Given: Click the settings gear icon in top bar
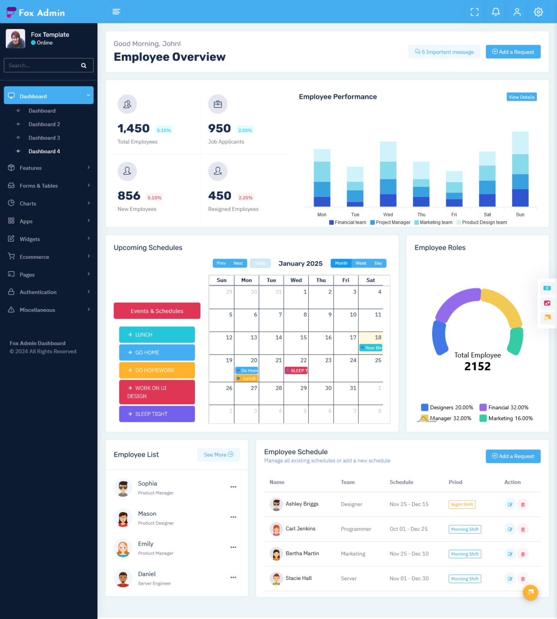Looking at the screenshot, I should [x=538, y=12].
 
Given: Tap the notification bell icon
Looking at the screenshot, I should [x=496, y=12].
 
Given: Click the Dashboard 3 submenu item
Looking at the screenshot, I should [x=44, y=138].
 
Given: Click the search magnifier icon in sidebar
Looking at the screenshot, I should [x=83, y=66].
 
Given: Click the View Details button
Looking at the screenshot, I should [x=521, y=97].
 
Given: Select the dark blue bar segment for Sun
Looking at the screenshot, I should [x=520, y=197].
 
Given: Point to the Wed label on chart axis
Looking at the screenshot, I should [x=388, y=215].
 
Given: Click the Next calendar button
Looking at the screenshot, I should [x=238, y=263].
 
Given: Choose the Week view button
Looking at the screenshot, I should [x=361, y=263].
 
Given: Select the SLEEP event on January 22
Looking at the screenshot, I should [x=296, y=371].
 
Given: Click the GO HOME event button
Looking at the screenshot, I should [x=157, y=353].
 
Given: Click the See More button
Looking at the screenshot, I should [x=218, y=455].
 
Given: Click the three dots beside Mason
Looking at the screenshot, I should [x=233, y=517].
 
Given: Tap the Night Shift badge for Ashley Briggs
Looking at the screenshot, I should [x=461, y=505].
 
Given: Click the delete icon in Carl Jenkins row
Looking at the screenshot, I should [x=523, y=529].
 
